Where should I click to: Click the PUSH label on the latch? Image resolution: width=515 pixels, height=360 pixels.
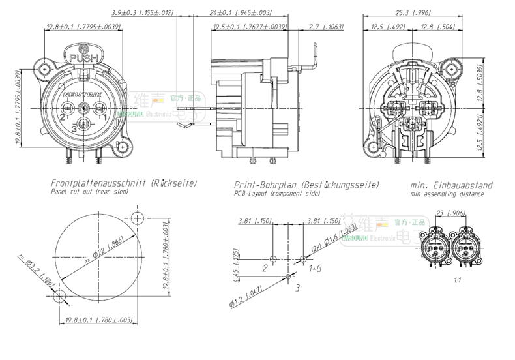tap(82, 58)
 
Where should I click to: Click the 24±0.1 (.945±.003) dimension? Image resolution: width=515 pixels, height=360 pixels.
tap(241, 12)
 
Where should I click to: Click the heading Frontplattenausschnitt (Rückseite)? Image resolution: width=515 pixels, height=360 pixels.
tap(124, 184)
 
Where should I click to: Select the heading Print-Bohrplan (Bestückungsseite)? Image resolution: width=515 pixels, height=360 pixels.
tap(306, 184)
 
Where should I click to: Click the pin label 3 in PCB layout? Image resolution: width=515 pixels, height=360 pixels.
tap(298, 286)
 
